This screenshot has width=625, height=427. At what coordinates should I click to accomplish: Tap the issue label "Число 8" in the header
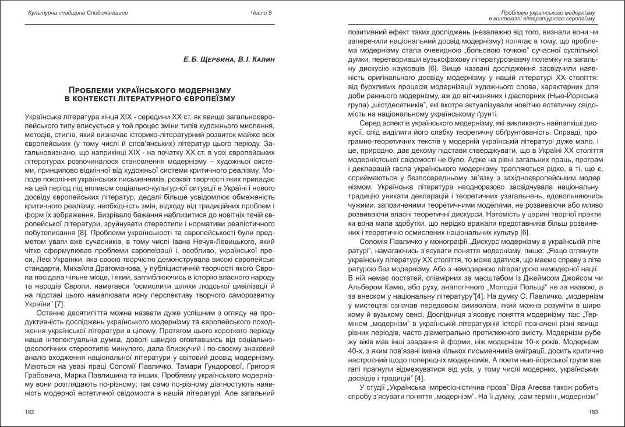[261, 12]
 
